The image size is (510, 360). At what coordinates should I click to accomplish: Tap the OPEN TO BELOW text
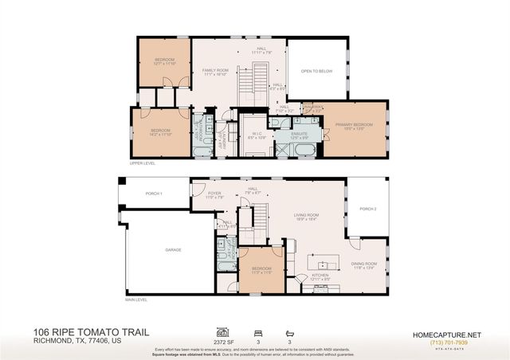click(x=316, y=71)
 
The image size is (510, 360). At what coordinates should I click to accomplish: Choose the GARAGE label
click(x=173, y=249)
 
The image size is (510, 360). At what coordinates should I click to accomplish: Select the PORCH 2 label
click(x=367, y=209)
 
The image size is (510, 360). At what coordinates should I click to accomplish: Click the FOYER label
click(x=214, y=193)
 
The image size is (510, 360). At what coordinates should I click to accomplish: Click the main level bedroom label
click(x=262, y=269)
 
